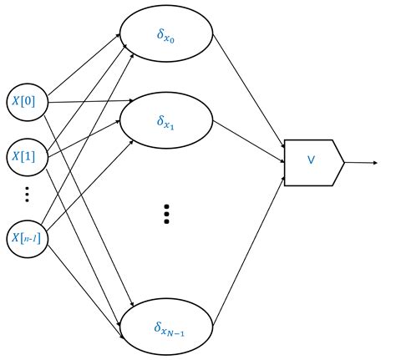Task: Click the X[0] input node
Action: [25, 102]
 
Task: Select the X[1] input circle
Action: [25, 156]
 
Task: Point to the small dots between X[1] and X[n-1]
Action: [26, 194]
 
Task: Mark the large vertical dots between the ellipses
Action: [166, 214]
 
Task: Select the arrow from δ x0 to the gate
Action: [251, 93]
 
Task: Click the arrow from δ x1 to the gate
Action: [251, 140]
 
